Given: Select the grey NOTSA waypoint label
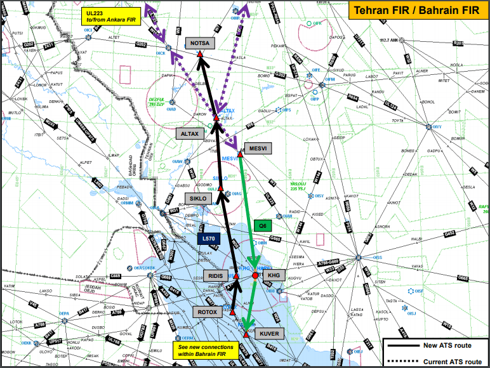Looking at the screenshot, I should [201, 43].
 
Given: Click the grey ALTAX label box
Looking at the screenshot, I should [190, 134].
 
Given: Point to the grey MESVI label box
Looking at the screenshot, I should [257, 148].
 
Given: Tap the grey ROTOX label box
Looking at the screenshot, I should [208, 312].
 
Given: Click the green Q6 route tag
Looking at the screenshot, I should [262, 225].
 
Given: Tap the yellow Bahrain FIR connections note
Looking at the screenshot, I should [206, 351].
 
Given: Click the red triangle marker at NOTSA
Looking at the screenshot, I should [201, 55].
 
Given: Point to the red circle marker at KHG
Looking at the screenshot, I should [255, 275].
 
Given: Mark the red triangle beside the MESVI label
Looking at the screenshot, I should [241, 154].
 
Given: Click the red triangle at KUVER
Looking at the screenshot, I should [246, 334].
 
